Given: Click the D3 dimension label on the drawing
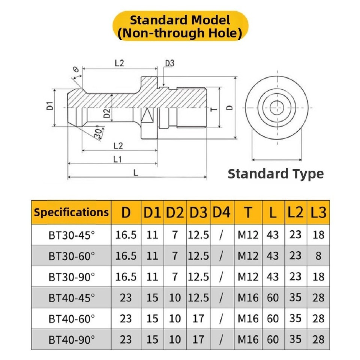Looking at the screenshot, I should tap(170, 63).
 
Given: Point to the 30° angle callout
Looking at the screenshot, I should tap(99, 133).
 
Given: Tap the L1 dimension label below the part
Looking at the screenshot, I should tap(117, 159).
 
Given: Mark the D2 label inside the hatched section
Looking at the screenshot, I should tap(107, 114).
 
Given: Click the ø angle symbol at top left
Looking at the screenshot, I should tap(75, 70).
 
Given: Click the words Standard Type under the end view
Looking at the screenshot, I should tap(276, 174).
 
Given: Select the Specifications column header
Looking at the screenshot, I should tap(71, 212).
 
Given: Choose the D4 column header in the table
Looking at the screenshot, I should tap(222, 212).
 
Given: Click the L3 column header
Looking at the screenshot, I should tap(318, 212).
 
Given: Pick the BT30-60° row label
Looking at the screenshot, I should tap(72, 256).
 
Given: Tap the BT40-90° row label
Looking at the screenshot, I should tap(72, 340).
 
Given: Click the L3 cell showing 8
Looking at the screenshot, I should tap(318, 256).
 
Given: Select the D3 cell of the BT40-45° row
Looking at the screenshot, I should tap(198, 298).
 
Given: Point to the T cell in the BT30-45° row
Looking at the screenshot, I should tap(248, 235).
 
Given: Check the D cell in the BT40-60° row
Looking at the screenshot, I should tap(126, 319).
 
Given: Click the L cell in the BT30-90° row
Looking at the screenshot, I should tap(273, 277).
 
